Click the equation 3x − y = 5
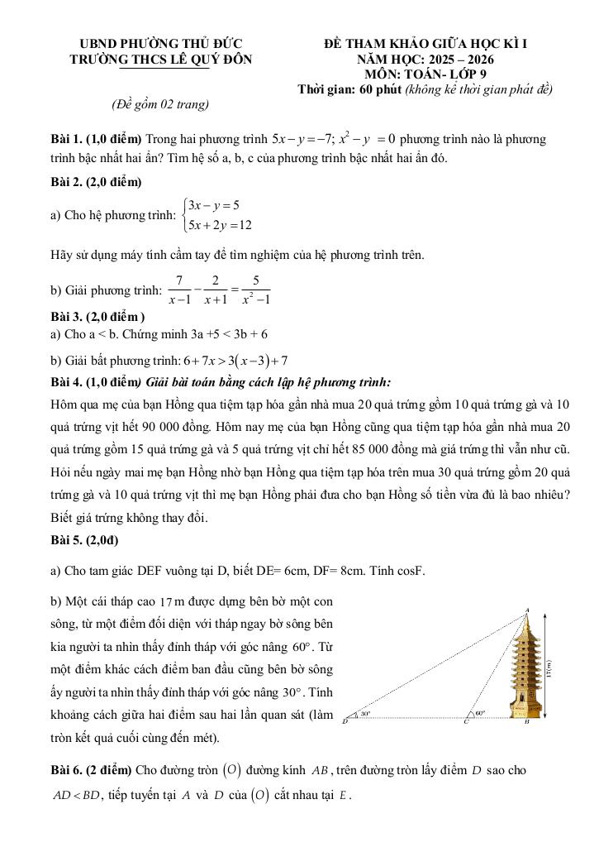tap(213, 205)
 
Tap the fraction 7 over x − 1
tap(179, 290)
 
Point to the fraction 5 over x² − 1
tap(256, 290)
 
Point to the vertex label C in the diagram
tap(465, 722)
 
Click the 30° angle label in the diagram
tap(365, 712)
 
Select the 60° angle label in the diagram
tap(480, 711)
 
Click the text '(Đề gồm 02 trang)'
tap(159, 104)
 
